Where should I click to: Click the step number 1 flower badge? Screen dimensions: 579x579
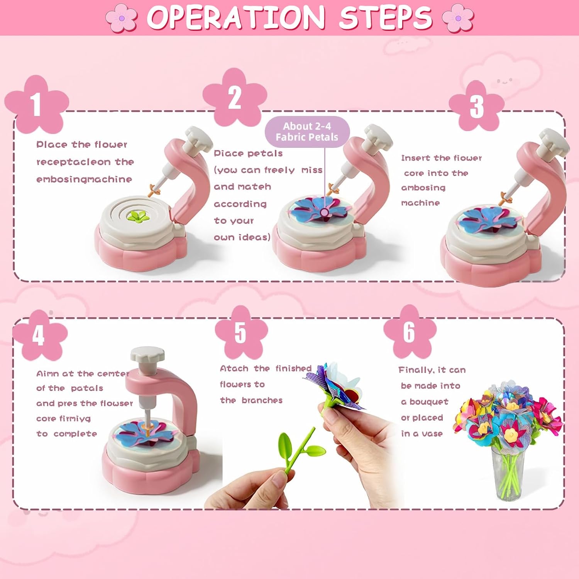(36, 104)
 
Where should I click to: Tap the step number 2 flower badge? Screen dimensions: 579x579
(235, 97)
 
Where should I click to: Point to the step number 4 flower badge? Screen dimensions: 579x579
(39, 335)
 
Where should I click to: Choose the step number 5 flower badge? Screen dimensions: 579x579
(240, 332)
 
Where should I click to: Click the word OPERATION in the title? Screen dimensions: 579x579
(236, 17)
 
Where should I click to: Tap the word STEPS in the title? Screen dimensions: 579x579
(386, 17)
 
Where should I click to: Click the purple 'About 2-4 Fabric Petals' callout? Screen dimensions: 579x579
(307, 132)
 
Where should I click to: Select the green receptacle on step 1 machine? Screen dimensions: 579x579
(139, 216)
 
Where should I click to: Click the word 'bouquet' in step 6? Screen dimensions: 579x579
(429, 402)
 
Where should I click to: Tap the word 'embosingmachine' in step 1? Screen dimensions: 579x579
(84, 179)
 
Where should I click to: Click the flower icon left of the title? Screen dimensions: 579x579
(122, 17)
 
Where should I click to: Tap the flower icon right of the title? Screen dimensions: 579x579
(458, 17)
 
